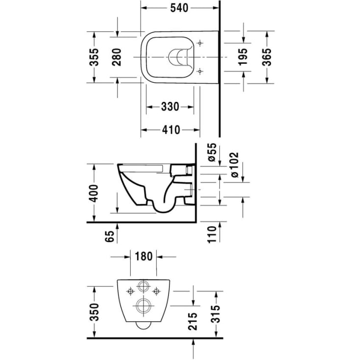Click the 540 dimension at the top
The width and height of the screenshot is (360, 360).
pos(179,8)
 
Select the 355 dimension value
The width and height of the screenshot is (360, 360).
pos(94,57)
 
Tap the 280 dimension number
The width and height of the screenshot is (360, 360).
pos(117,57)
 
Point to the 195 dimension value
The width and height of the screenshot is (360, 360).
pos(243,57)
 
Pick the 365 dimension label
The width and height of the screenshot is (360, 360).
pos(267,57)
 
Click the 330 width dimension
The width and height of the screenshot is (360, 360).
pos(170,107)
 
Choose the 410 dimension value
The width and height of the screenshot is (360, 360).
pos(171,130)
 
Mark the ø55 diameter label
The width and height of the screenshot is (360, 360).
pos(212,152)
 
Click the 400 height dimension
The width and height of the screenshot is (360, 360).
pos(94,193)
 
